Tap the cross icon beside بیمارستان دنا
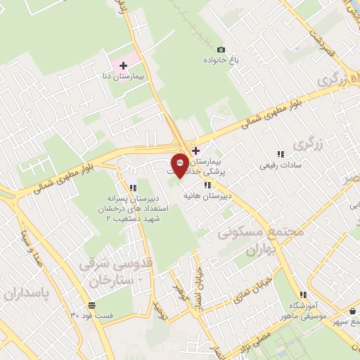(124, 65)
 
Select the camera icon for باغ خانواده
(221, 49)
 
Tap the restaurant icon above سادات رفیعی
(280, 154)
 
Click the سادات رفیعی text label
(280, 165)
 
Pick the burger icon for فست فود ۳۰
(91, 305)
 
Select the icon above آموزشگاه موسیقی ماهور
(303, 295)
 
